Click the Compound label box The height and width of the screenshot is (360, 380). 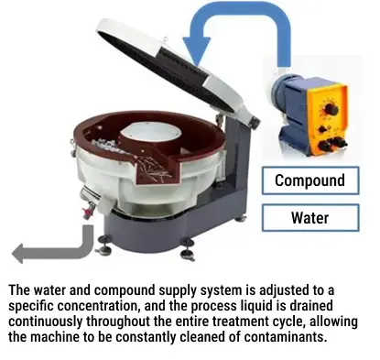click(309, 180)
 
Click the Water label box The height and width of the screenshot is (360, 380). click(309, 219)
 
